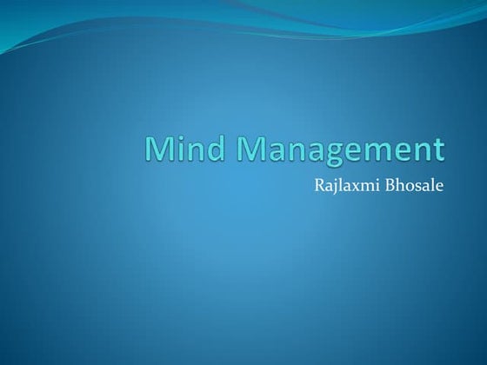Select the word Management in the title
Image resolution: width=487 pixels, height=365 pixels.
[333, 151]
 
